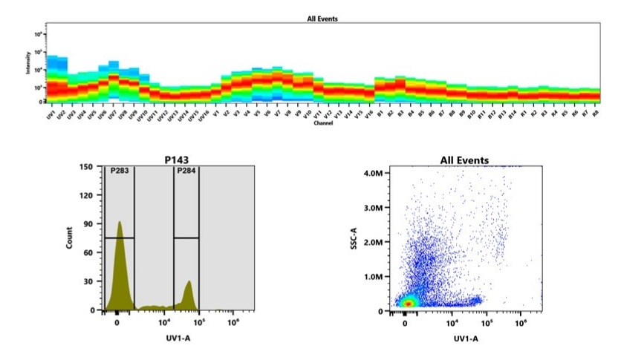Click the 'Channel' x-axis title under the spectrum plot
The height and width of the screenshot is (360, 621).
click(322, 123)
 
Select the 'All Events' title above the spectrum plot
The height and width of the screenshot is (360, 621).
click(322, 18)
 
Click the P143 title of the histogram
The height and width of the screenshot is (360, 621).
click(173, 159)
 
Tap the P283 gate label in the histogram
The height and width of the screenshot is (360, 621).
click(120, 172)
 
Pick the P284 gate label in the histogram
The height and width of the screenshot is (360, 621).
click(186, 172)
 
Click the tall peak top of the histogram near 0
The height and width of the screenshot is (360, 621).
click(119, 222)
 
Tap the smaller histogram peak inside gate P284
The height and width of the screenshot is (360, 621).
click(189, 281)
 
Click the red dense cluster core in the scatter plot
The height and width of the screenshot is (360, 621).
click(406, 302)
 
